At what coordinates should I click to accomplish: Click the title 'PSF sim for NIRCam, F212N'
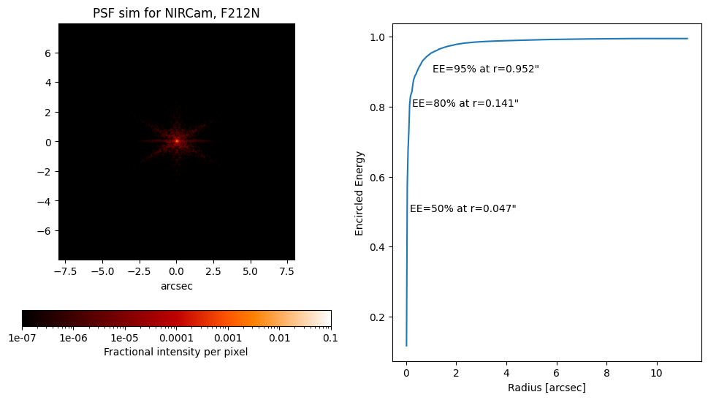click(176, 14)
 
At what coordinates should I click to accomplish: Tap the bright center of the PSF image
click(176, 141)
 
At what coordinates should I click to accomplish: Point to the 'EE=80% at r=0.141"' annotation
click(465, 103)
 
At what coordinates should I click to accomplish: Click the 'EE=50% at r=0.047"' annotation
click(463, 208)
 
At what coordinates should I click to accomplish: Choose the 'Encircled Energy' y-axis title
click(359, 193)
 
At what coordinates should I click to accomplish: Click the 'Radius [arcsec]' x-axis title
click(547, 388)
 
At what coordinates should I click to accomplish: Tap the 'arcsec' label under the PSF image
click(176, 286)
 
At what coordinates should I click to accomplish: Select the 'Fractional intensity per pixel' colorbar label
click(176, 352)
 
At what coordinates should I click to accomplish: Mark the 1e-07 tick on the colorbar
click(22, 338)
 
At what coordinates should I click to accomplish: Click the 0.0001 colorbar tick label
click(176, 338)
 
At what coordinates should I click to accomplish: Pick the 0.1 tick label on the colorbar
click(330, 338)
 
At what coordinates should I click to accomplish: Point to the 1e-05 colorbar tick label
click(125, 338)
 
